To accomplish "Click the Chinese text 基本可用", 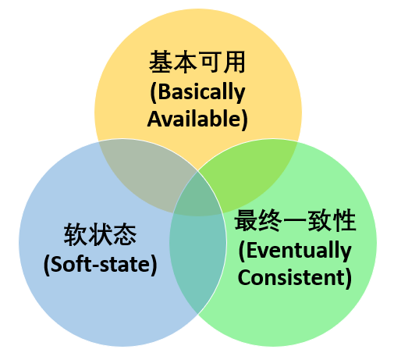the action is (x=197, y=62).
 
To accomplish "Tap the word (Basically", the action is (x=197, y=92).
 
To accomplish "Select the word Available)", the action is (x=197, y=119).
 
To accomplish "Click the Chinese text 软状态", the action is (x=100, y=234).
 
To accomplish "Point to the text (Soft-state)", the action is (x=101, y=265).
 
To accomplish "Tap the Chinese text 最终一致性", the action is (x=295, y=221).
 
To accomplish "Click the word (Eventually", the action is (x=295, y=251).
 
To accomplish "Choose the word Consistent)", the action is (x=295, y=277).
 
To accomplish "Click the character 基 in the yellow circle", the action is (x=161, y=62).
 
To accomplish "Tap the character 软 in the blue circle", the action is (x=75, y=234).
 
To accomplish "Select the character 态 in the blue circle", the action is (x=125, y=234).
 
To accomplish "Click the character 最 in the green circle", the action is (x=246, y=221).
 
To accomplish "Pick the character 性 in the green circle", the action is (x=345, y=221).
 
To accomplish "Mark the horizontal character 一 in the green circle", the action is (x=295, y=221).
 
